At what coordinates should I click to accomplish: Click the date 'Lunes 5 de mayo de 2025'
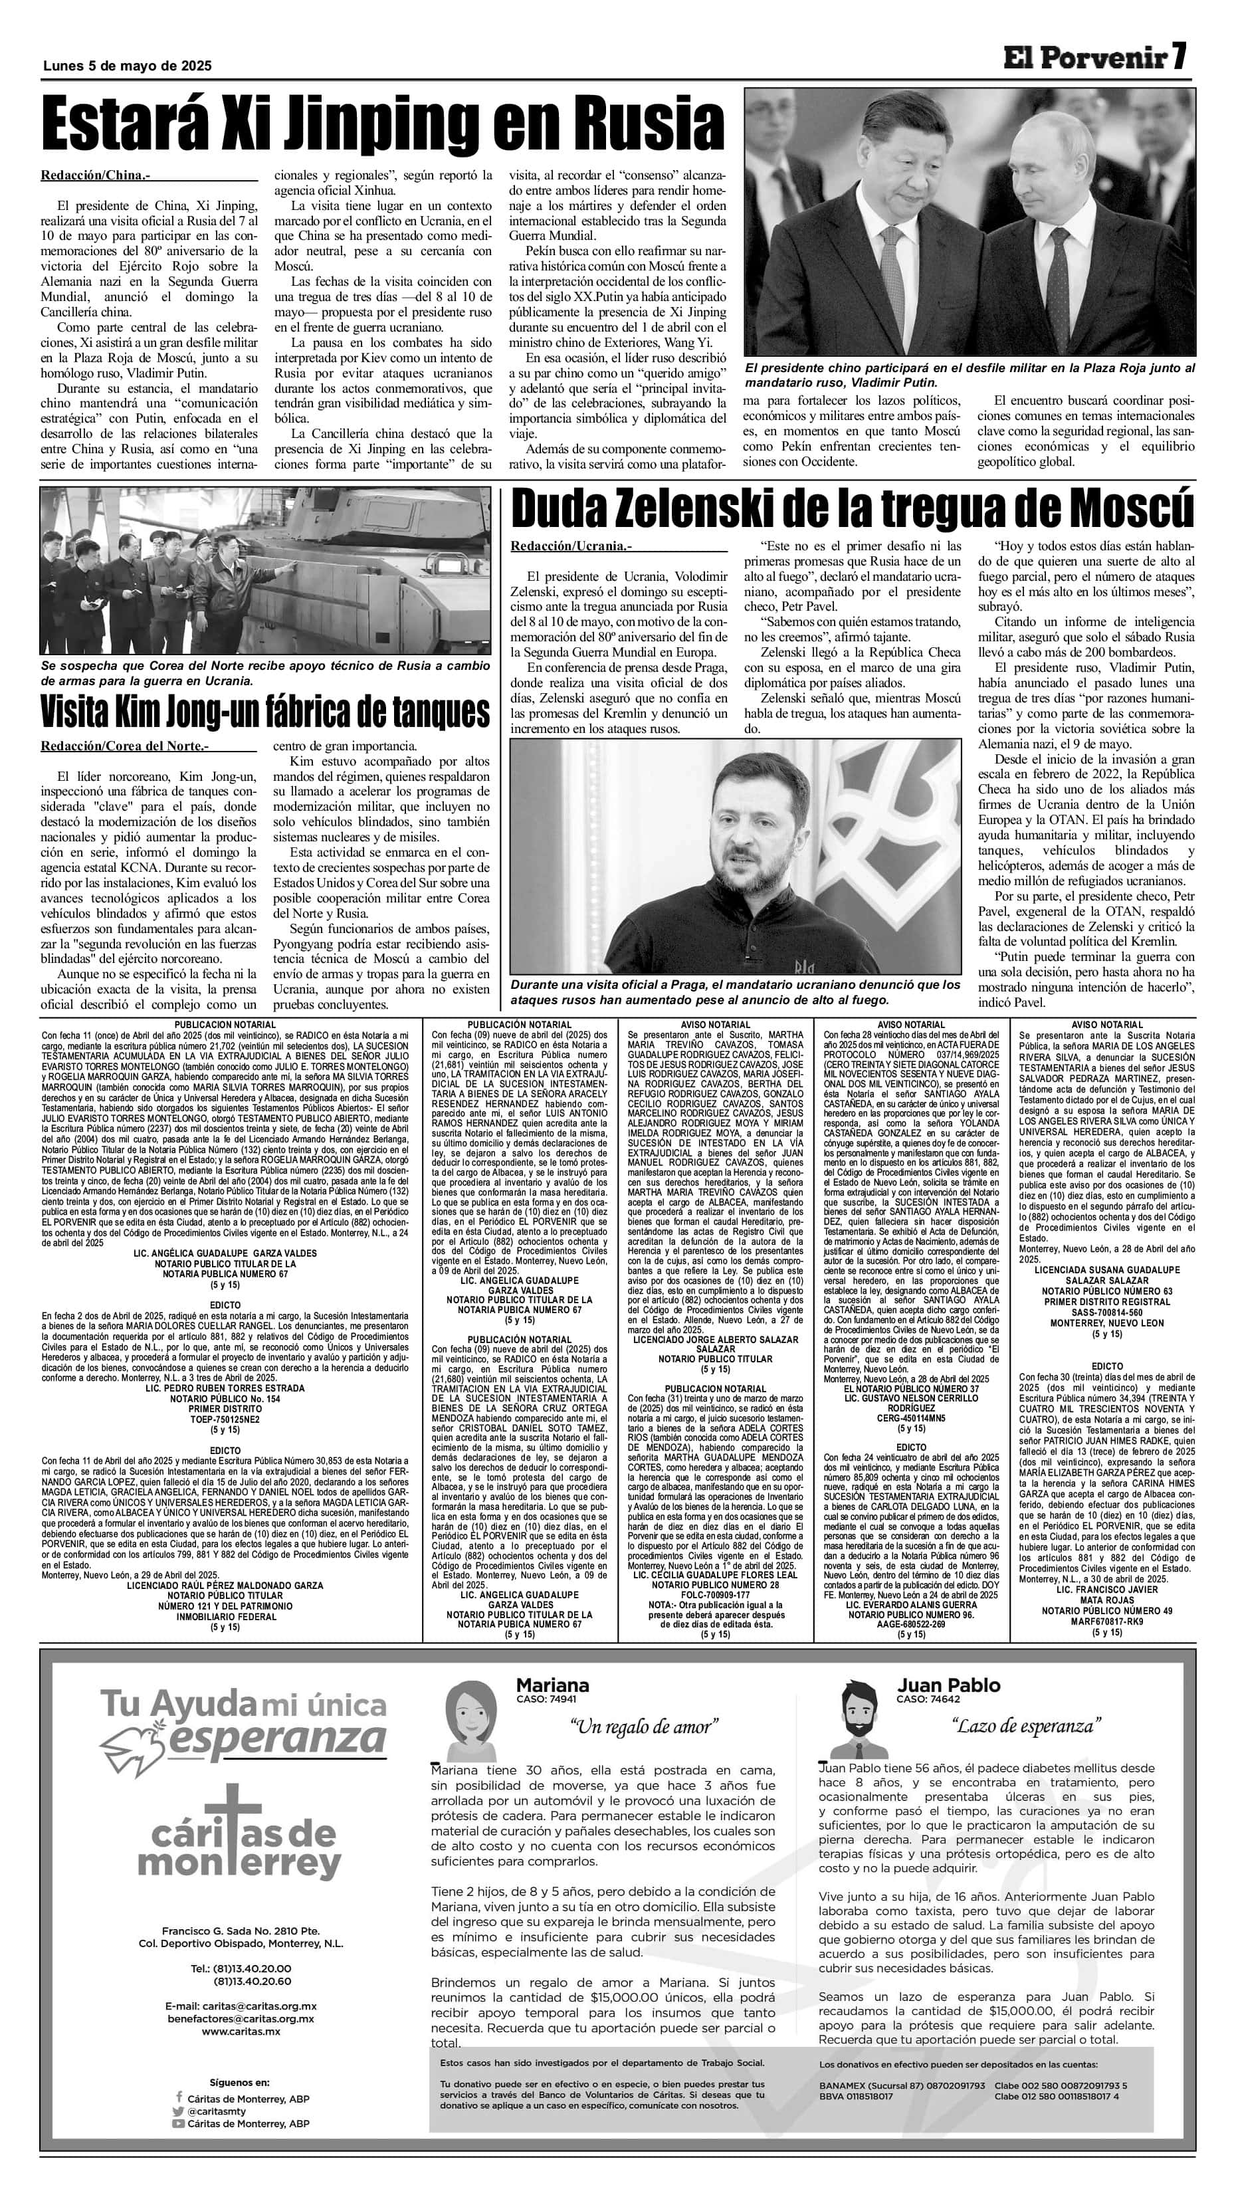click(x=126, y=66)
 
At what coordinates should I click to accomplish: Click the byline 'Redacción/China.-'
click(x=96, y=175)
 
